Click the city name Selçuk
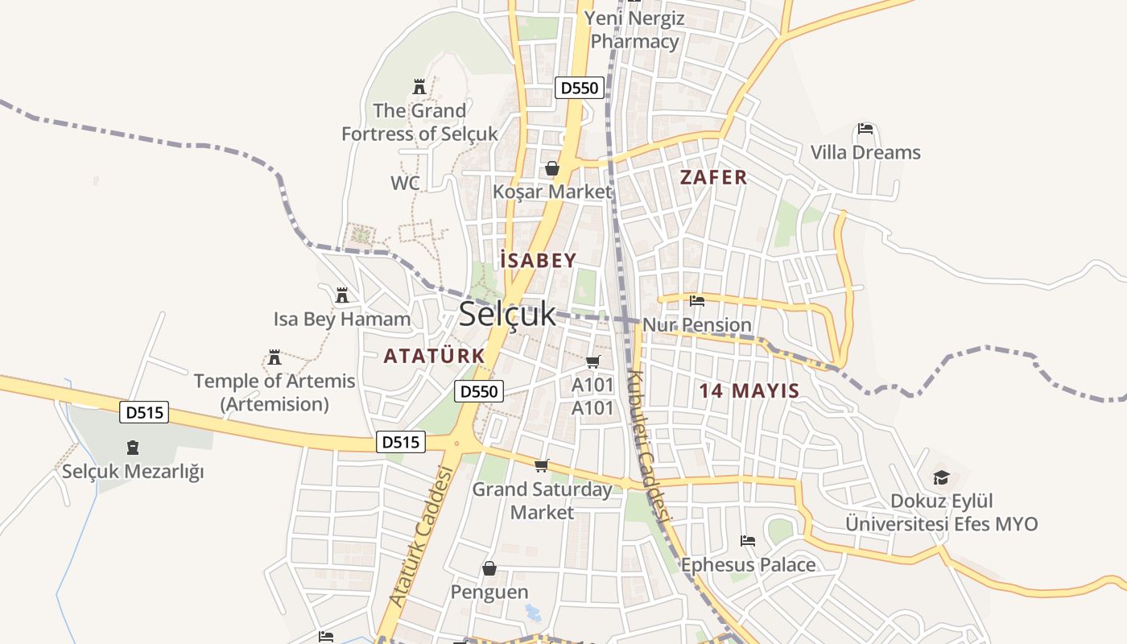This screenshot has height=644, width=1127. click(507, 314)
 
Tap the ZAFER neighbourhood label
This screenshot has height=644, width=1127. click(713, 178)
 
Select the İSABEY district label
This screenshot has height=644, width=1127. click(538, 260)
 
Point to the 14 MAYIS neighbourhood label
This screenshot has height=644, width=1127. click(749, 391)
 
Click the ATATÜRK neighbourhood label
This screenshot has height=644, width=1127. click(434, 356)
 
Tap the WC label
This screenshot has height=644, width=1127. click(406, 184)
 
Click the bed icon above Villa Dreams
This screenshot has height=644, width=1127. click(865, 129)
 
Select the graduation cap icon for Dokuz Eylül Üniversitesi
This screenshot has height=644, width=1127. click(941, 478)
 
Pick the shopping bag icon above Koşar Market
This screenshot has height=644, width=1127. click(552, 168)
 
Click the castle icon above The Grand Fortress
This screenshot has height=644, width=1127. click(419, 86)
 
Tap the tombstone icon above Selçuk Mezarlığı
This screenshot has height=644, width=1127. click(133, 448)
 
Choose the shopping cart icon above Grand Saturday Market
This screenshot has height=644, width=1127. click(542, 466)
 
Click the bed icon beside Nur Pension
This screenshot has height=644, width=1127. click(697, 301)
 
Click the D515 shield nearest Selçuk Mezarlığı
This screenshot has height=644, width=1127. click(145, 413)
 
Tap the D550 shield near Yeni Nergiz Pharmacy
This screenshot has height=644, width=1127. click(580, 88)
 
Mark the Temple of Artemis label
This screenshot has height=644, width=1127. click(275, 392)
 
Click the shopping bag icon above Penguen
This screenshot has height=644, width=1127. click(489, 569)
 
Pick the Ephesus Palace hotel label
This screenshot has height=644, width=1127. click(748, 565)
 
